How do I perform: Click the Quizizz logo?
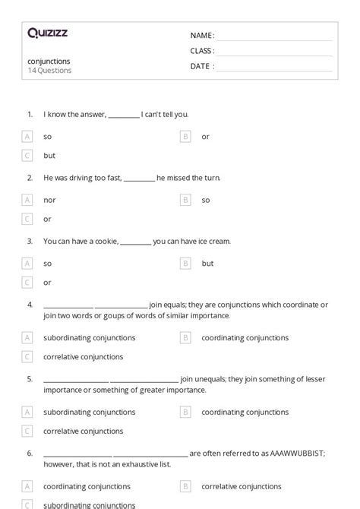pyautogui.click(x=47, y=33)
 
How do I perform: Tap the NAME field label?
pyautogui.click(x=202, y=36)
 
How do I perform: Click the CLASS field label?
pyautogui.click(x=202, y=51)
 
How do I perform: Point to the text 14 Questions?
pyautogui.click(x=50, y=71)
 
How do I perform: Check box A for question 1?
pyautogui.click(x=27, y=137)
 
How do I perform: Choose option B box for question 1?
pyautogui.click(x=185, y=137)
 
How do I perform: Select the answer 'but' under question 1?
pyautogui.click(x=49, y=156)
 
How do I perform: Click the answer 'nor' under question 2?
pyautogui.click(x=49, y=200)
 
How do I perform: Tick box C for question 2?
pyautogui.click(x=27, y=219)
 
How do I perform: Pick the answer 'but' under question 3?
pyautogui.click(x=207, y=264)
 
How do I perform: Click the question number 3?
pyautogui.click(x=30, y=242)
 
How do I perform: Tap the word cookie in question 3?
pyautogui.click(x=106, y=242)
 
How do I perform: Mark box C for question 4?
pyautogui.click(x=27, y=356)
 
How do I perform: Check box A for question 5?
pyautogui.click(x=27, y=412)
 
